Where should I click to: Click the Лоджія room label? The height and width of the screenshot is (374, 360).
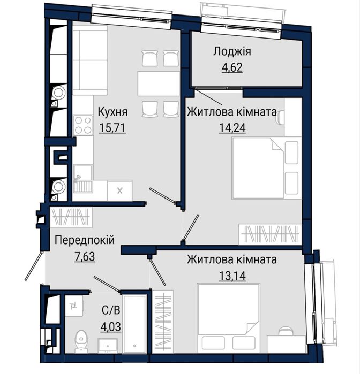tap(232, 52)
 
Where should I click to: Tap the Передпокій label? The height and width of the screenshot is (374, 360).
tap(84, 241)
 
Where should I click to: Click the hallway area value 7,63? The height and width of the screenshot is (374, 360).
tap(84, 257)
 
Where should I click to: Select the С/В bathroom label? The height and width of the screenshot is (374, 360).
tap(111, 310)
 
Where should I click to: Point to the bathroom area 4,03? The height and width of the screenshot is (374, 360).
tap(111, 326)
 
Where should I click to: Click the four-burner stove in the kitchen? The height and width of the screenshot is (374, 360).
tap(82, 125)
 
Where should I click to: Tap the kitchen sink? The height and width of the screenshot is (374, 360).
tap(82, 174)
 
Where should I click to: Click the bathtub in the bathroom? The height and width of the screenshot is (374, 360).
tap(134, 323)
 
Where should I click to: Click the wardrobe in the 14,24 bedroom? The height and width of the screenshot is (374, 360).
tap(271, 234)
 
